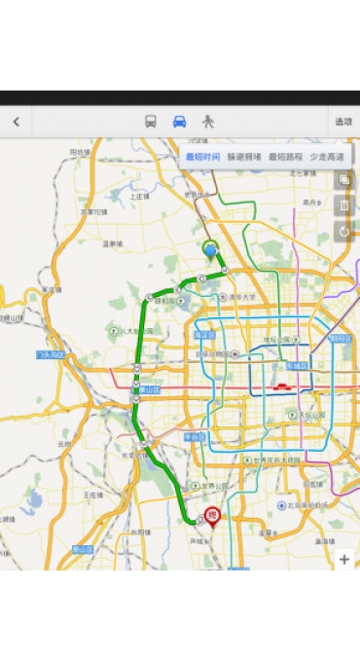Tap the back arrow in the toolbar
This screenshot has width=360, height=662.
coord(16,122)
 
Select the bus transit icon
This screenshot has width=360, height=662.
coord(151,122)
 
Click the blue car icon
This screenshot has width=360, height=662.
coord(179,122)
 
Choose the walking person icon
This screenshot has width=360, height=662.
coord(207,122)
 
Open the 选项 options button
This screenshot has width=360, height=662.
coord(343,122)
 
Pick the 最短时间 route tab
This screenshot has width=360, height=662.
coord(201,156)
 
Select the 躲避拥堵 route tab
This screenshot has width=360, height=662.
coord(243,156)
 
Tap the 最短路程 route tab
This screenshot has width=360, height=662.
coord(284,156)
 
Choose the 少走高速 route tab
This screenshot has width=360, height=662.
coord(326,156)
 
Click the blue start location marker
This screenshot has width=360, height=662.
coord(210,249)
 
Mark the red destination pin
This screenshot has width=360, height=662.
coord(212,517)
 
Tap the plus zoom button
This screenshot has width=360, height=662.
coord(343,559)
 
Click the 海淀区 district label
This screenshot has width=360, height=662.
coord(203,334)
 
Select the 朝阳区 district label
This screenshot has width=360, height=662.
coord(340,338)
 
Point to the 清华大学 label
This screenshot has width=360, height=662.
coord(243,297)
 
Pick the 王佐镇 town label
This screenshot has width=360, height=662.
coord(92,494)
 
